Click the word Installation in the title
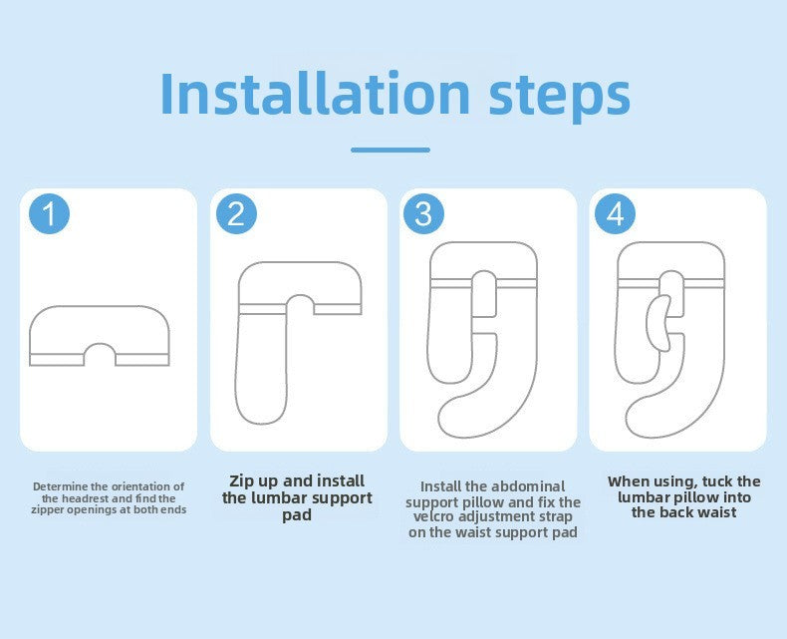(315, 94)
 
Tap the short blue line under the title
(391, 150)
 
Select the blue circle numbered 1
(49, 213)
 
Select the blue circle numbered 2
(236, 213)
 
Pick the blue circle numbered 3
(423, 213)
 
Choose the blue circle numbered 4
(615, 213)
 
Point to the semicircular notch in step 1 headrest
(100, 345)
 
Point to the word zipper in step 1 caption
(48, 509)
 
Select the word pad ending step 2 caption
(297, 515)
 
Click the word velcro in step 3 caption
(429, 517)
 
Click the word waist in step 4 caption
(718, 512)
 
